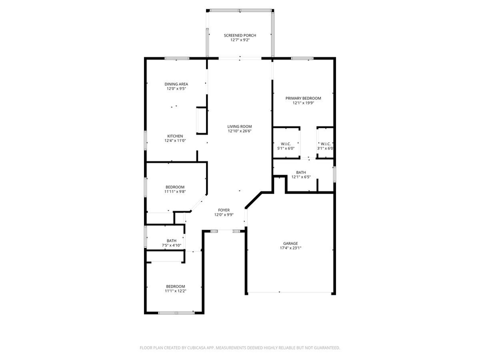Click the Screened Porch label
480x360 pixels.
click(240, 35)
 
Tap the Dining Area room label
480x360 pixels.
click(176, 84)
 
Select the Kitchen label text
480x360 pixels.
click(175, 136)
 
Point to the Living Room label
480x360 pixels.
click(240, 126)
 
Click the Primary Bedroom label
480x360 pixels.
click(303, 98)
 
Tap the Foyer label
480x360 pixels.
click(224, 210)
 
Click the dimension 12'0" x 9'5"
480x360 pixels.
click(176, 89)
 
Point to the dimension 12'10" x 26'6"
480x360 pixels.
click(240, 131)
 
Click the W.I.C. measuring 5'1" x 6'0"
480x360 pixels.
click(286, 145)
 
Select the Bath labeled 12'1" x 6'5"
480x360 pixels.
click(301, 174)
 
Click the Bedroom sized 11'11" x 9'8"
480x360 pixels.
click(175, 189)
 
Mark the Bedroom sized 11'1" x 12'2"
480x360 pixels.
click(175, 288)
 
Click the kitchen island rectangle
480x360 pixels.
click(201, 120)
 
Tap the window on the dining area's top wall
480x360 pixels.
click(177, 58)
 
